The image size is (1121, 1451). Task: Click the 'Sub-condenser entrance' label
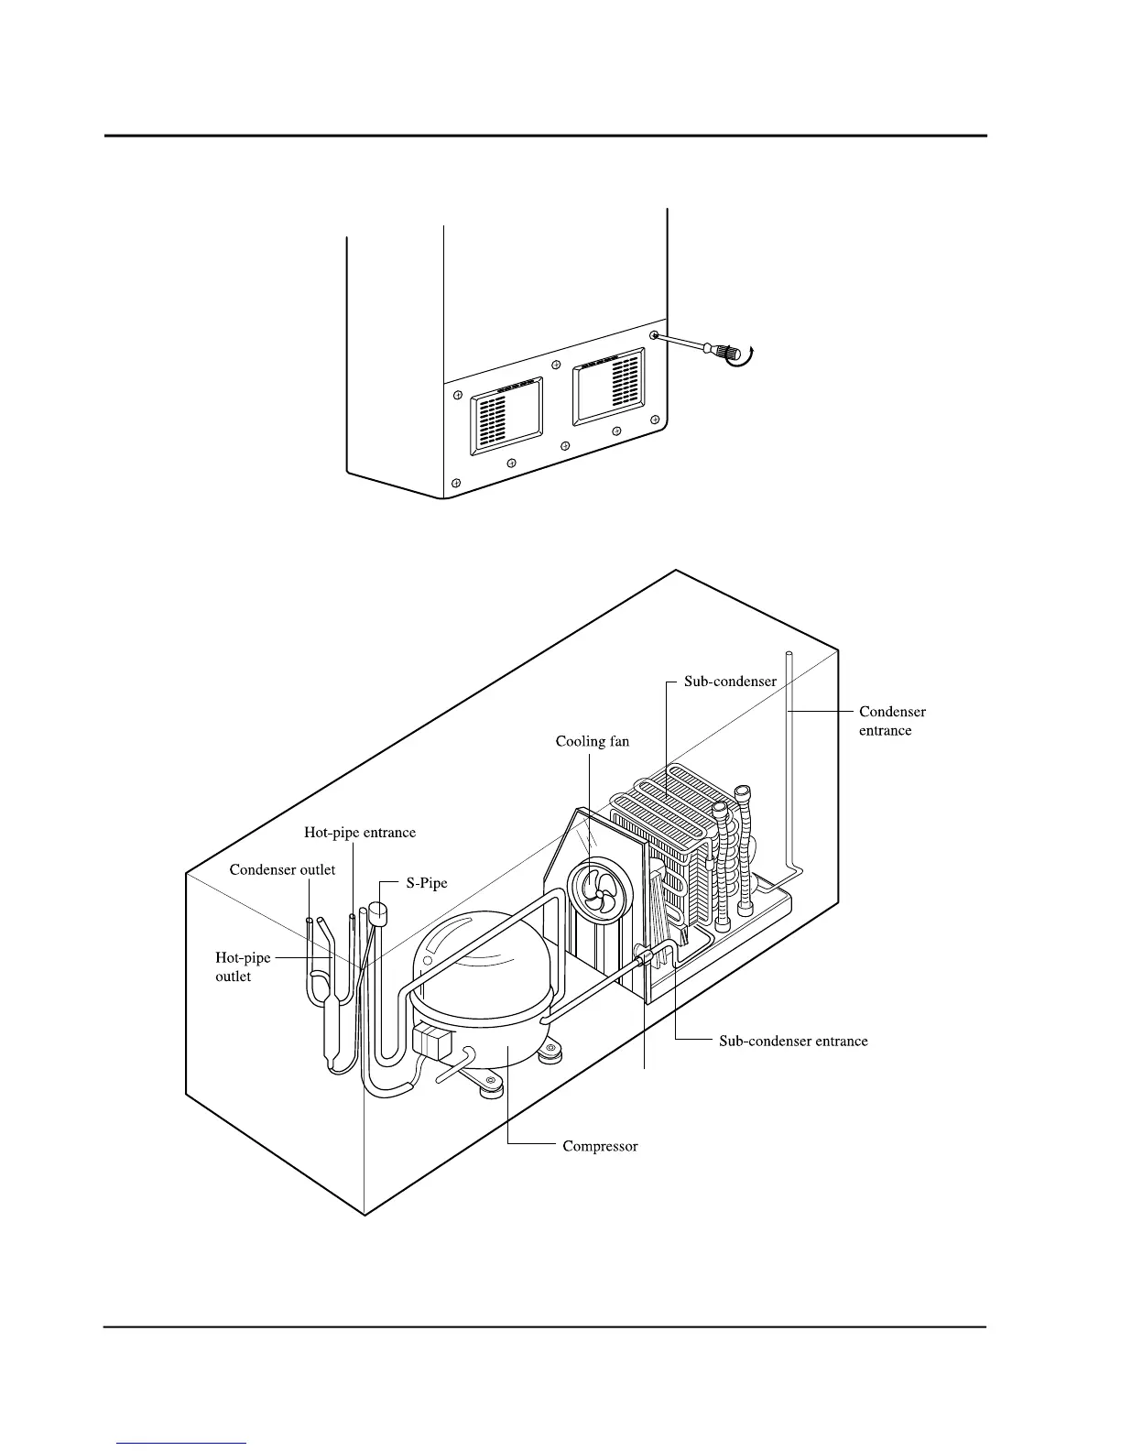tap(793, 1041)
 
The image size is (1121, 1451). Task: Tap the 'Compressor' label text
tap(600, 1146)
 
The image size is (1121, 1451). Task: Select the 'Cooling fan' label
tap(593, 741)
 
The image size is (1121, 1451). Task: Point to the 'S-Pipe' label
tap(427, 884)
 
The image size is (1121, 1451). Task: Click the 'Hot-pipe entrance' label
tap(360, 833)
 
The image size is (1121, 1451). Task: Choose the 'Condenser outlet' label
tap(282, 869)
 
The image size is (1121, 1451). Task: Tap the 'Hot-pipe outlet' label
tap(243, 967)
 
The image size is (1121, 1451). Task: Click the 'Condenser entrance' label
tap(892, 721)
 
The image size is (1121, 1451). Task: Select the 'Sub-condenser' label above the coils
tap(731, 682)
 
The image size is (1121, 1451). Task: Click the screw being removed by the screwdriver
tap(655, 336)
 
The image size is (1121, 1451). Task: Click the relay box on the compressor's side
tap(432, 1042)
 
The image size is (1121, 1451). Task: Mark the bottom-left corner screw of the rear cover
tap(455, 482)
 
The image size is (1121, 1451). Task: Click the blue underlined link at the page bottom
tap(182, 1443)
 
